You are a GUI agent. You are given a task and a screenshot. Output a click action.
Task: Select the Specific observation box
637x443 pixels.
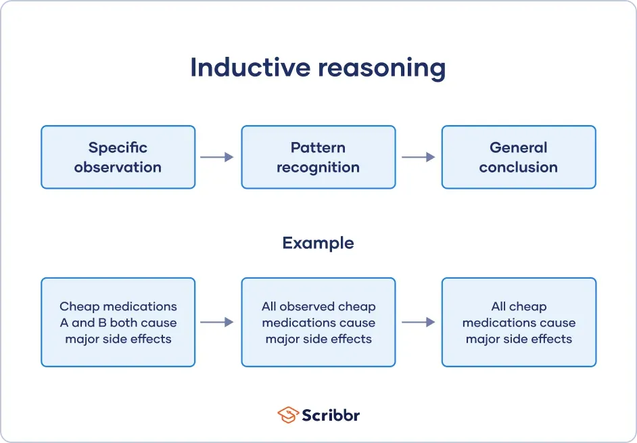[x=118, y=157]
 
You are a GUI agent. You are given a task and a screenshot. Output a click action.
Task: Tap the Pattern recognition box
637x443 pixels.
[x=318, y=157]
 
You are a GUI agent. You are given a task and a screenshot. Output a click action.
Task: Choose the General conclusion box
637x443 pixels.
[x=519, y=157]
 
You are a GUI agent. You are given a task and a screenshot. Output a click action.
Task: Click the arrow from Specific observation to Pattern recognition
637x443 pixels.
[x=217, y=157]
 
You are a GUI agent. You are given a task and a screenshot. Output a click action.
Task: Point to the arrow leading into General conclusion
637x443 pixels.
[x=419, y=157]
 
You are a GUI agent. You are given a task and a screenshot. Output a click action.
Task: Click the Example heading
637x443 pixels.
[x=318, y=243]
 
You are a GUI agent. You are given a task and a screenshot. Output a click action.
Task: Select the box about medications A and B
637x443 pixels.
[x=118, y=323]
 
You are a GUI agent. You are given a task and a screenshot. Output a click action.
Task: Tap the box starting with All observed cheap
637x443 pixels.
[x=318, y=323]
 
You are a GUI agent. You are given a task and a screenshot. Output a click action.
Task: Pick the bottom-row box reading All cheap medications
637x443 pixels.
[x=519, y=323]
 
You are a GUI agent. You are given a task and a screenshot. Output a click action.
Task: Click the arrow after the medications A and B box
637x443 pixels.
[x=217, y=323]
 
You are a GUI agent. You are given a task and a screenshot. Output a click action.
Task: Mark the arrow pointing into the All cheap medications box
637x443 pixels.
[x=419, y=323]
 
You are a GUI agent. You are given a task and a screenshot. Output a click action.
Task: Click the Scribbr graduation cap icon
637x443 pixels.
[x=288, y=415]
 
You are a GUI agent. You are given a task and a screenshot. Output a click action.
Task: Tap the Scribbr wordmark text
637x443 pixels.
[x=331, y=415]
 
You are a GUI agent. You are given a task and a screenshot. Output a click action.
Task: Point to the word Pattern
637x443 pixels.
[x=318, y=147]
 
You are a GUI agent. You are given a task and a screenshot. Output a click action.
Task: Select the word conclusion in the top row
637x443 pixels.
[x=519, y=167]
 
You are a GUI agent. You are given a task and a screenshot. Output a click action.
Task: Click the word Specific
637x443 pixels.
[x=118, y=147]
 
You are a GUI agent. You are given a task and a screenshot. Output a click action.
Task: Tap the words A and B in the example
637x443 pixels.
[x=78, y=323]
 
